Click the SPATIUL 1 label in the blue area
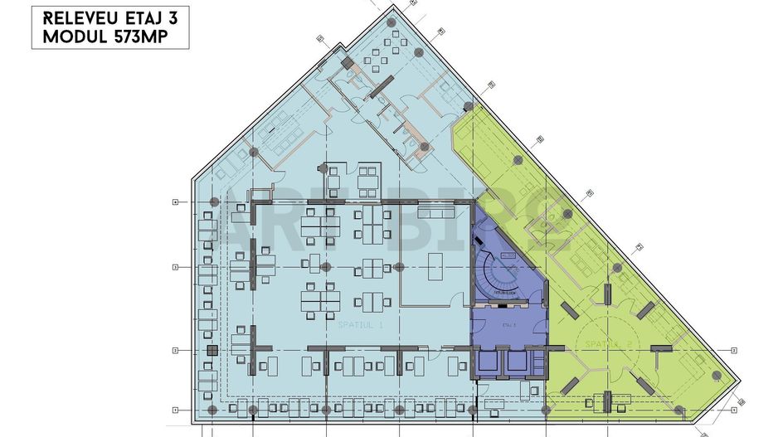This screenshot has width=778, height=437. [360, 325]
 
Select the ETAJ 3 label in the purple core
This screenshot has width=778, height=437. [508, 324]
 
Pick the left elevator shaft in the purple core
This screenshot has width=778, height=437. [489, 362]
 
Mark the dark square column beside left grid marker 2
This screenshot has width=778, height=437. [212, 351]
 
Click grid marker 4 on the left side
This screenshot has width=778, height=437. [175, 202]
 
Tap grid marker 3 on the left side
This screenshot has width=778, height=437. [175, 267]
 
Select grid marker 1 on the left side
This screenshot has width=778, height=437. [175, 410]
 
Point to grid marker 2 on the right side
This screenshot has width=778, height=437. [735, 350]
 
